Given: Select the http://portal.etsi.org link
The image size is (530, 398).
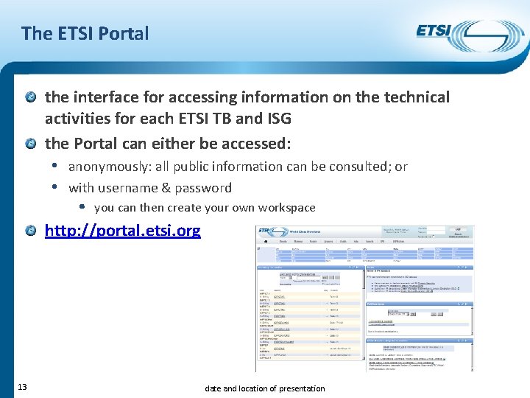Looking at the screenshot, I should [122, 231].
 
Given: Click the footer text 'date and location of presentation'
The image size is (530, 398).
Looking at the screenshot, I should [264, 388].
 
